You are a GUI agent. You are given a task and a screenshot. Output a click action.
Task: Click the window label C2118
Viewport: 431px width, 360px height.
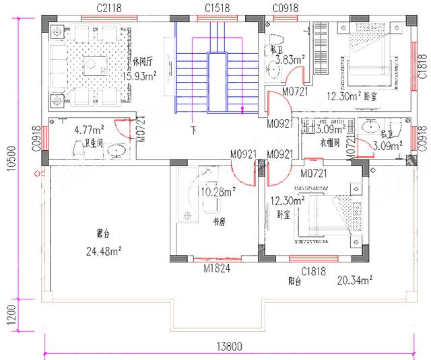click(108, 7)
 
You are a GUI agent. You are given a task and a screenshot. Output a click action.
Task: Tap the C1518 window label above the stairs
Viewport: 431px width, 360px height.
click(219, 7)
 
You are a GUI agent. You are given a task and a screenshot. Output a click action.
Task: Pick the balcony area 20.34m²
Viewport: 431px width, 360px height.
click(356, 280)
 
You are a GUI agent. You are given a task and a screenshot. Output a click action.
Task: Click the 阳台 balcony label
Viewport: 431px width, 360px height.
click(296, 283)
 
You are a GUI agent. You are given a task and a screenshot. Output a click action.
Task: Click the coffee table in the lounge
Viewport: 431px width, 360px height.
click(90, 65)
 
